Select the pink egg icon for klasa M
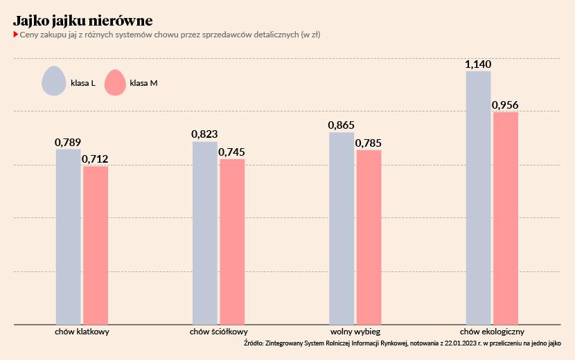point(115,82)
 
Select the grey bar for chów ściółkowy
point(205,233)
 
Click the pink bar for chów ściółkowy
point(232,242)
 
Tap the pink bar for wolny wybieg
point(369,237)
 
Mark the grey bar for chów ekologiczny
point(478,197)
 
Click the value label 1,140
point(478,64)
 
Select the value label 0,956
point(505,105)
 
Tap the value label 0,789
point(68,143)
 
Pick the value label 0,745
point(232,152)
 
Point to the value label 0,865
point(342,126)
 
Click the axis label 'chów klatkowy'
point(82,332)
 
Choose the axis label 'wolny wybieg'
point(355,332)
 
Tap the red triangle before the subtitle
point(15,34)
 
